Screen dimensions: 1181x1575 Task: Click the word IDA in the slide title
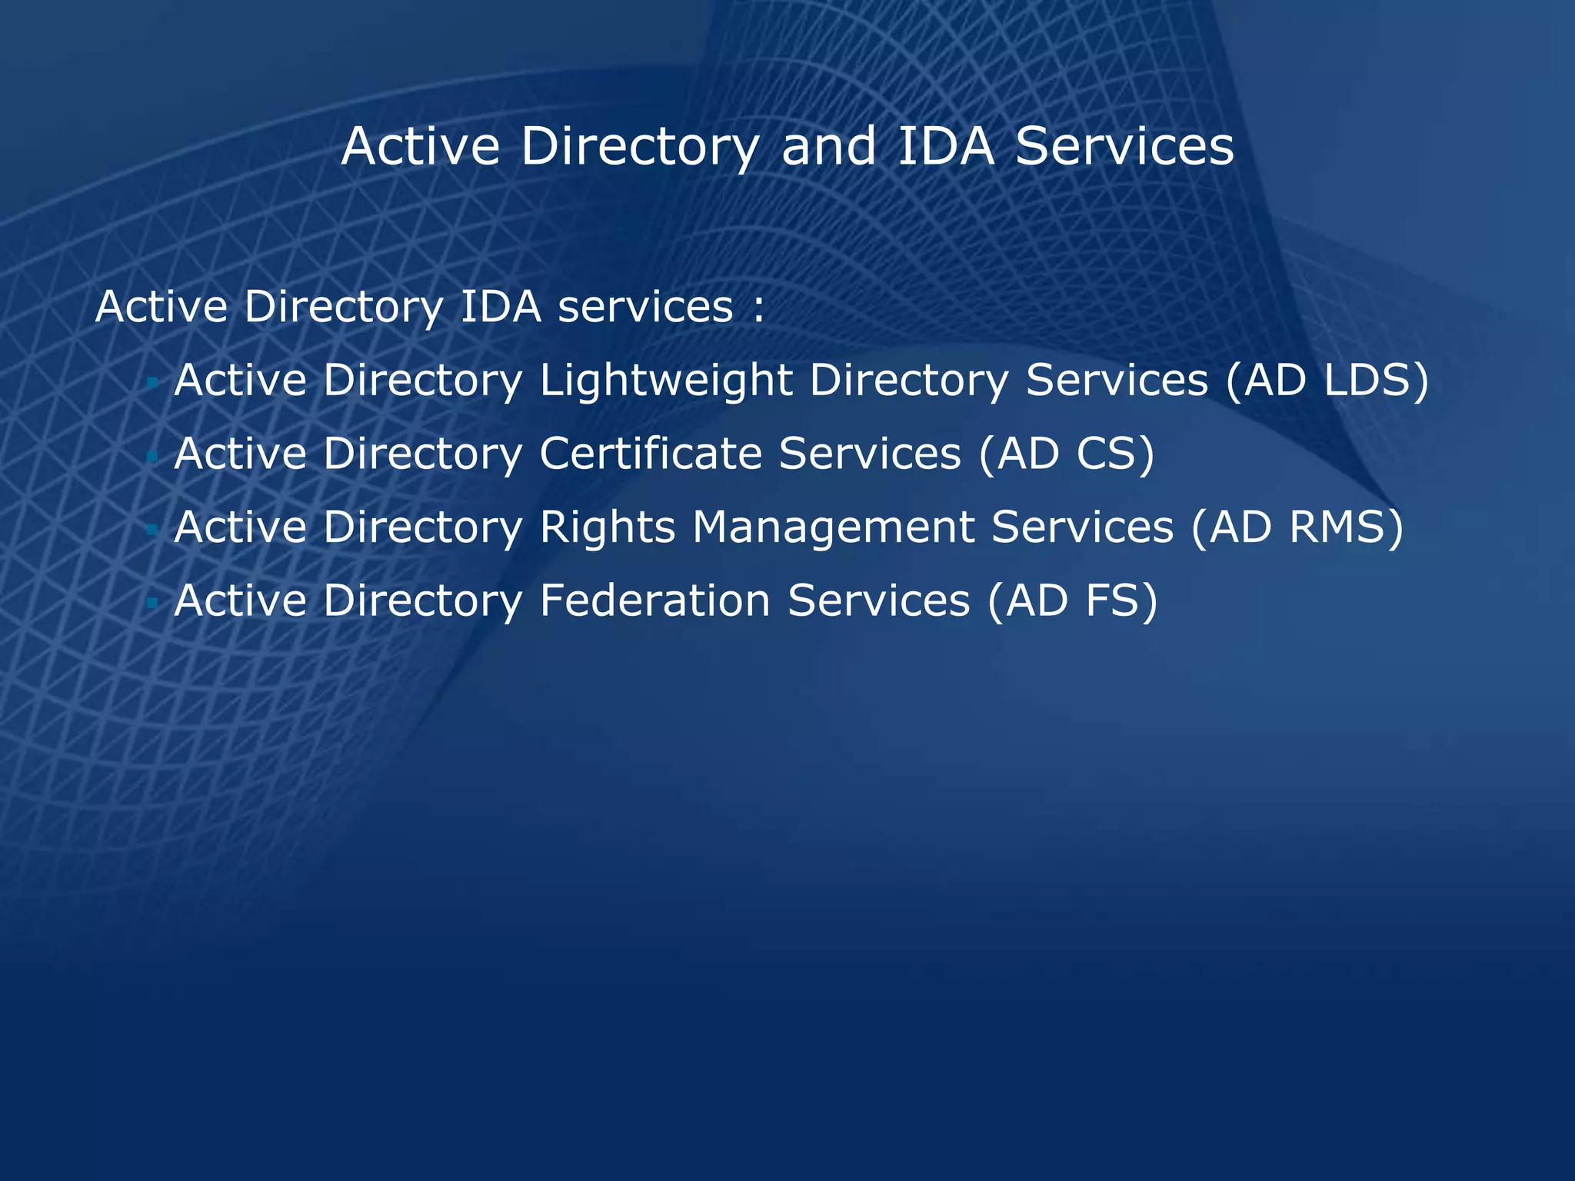tap(946, 146)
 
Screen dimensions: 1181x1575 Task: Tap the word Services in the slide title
tap(1124, 146)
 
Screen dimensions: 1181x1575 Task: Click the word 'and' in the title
tap(828, 146)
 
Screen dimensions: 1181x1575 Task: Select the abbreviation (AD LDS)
tap(1327, 380)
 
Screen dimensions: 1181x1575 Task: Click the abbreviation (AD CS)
tap(1067, 453)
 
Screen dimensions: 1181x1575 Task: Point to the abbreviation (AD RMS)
tap(1297, 527)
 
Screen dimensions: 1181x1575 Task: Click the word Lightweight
tap(666, 381)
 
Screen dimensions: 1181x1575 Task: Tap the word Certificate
tap(651, 453)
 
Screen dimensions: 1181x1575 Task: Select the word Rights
tap(607, 528)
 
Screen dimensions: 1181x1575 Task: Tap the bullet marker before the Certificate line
tap(152, 456)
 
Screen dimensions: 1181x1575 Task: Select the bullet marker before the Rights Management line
tap(152, 529)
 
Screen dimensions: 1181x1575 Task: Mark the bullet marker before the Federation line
tap(152, 602)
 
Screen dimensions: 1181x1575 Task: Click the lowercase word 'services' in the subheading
tap(645, 308)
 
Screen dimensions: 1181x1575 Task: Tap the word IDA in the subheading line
tap(501, 307)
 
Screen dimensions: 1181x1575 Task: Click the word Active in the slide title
tap(421, 146)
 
